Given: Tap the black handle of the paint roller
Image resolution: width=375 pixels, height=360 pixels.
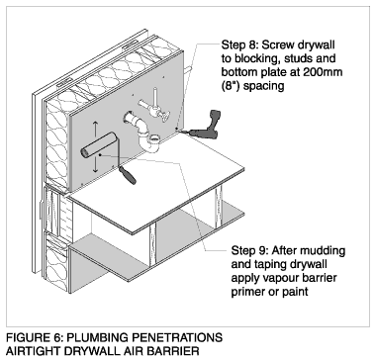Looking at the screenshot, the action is tap(129, 175).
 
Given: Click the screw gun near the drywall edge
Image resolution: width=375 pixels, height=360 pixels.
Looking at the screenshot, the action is tap(205, 127).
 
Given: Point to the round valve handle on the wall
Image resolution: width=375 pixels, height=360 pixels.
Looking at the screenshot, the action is tap(164, 117).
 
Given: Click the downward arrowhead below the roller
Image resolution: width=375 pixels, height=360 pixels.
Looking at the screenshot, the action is tap(95, 170).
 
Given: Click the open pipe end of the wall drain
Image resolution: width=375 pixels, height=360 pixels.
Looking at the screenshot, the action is tap(129, 117).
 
